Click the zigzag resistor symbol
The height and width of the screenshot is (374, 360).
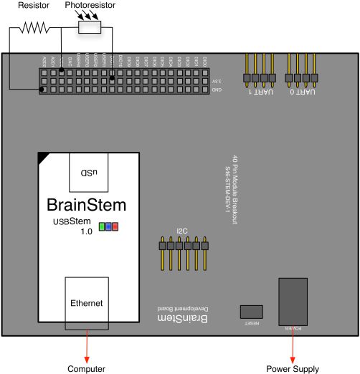34,28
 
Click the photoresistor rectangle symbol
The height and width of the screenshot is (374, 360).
89,27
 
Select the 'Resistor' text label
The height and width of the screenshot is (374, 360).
34,5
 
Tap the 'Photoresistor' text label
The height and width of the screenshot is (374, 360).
89,5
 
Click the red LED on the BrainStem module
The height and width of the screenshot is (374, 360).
115,227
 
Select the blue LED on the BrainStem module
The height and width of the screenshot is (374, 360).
108,227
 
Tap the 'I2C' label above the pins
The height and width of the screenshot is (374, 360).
182,231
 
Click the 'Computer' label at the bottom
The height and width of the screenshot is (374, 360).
87,368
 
